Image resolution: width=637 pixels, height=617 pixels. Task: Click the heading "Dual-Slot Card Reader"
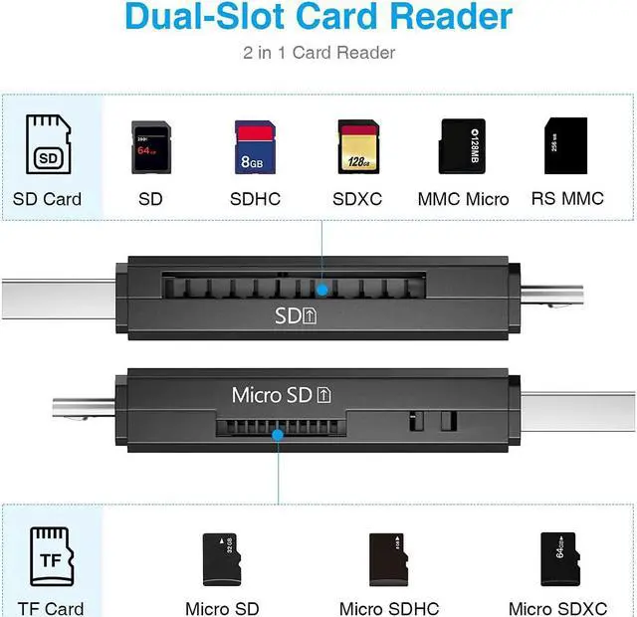pos(318,17)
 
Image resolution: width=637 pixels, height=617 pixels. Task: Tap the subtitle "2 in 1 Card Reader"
pos(318,53)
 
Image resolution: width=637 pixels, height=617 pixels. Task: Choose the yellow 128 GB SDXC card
pos(357,146)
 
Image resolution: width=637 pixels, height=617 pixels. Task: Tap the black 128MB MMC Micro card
pos(463,145)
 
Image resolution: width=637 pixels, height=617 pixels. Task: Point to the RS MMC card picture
pos(565,145)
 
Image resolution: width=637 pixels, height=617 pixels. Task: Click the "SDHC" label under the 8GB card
pos(255,199)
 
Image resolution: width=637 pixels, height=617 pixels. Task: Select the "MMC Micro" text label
pos(463,199)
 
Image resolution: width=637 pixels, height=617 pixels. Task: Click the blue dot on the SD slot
pos(321,290)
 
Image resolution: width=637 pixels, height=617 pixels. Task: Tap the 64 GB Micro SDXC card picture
pos(558,558)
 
